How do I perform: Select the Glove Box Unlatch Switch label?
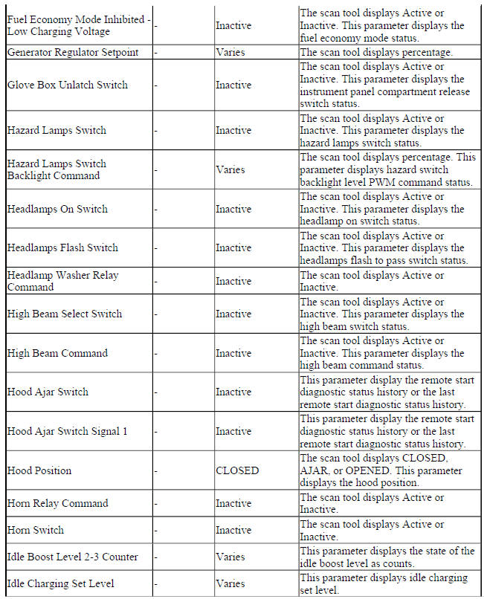click(x=68, y=85)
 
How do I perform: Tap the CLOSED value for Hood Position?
click(x=237, y=470)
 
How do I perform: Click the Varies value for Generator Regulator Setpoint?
click(x=230, y=53)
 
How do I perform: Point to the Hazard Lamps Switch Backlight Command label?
click(x=57, y=169)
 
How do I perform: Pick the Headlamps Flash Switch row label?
click(x=62, y=247)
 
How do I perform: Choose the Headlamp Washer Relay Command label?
click(x=62, y=281)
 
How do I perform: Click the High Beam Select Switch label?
click(x=65, y=314)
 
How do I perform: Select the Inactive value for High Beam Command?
click(x=233, y=353)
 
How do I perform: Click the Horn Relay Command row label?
click(x=57, y=503)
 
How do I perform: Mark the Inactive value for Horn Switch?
click(x=233, y=530)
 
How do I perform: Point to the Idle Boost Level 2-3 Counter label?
click(x=72, y=557)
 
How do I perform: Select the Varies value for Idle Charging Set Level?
click(x=230, y=583)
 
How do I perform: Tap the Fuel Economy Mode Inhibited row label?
click(x=78, y=25)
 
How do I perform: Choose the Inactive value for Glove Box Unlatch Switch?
click(x=233, y=85)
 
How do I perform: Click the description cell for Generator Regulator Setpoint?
click(x=386, y=53)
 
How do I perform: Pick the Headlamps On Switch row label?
click(x=57, y=209)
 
